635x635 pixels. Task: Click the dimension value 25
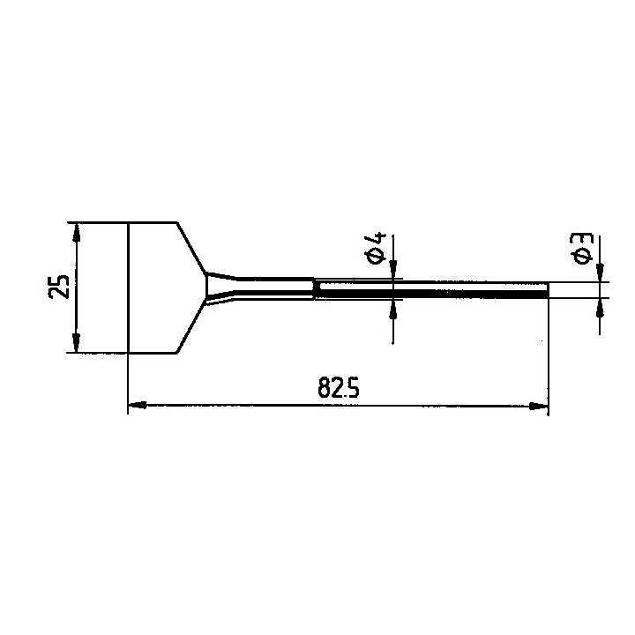pyautogui.click(x=59, y=288)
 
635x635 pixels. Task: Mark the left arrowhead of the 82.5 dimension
pyautogui.click(x=136, y=407)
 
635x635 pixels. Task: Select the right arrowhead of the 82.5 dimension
pyautogui.click(x=541, y=407)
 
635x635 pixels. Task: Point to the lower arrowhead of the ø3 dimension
pyautogui.click(x=600, y=305)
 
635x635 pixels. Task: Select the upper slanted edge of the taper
pyautogui.click(x=192, y=248)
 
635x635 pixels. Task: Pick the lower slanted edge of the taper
pyautogui.click(x=192, y=329)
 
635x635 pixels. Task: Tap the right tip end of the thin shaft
pyautogui.click(x=548, y=290)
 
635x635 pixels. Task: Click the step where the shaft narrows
pyautogui.click(x=314, y=289)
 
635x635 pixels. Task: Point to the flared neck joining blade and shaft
pyautogui.click(x=220, y=288)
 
